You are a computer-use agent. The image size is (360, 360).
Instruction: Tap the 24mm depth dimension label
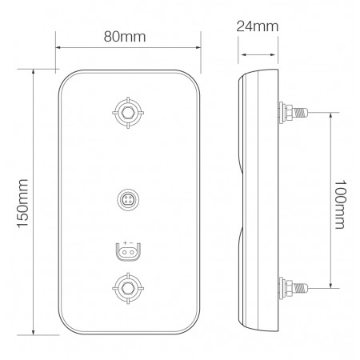258,26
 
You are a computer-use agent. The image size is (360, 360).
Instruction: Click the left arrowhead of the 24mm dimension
242,55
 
